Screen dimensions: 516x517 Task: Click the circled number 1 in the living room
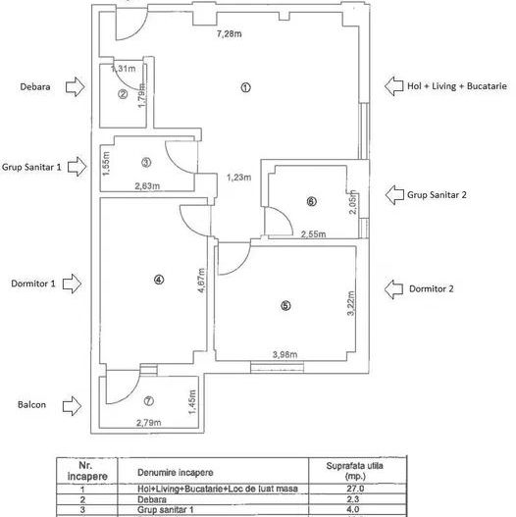(245, 87)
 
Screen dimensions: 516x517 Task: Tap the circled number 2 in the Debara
(123, 94)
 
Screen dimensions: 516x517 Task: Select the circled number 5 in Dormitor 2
(285, 306)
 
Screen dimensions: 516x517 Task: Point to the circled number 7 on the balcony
(149, 401)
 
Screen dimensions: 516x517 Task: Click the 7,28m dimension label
(230, 33)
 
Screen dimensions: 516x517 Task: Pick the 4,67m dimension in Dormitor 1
(202, 281)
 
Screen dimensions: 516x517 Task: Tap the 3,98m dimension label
(284, 355)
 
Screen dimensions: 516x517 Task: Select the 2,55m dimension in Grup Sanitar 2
(313, 234)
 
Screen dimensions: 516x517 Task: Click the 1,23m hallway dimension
(239, 178)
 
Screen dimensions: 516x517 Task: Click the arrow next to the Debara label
(76, 86)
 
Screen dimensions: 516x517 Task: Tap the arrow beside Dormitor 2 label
(393, 289)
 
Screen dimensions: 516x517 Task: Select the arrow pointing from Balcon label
(73, 405)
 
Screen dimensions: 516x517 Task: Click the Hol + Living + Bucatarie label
(457, 86)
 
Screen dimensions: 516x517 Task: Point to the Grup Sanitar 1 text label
(31, 167)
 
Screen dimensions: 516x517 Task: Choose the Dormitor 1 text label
(33, 284)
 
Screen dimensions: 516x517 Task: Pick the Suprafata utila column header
(355, 471)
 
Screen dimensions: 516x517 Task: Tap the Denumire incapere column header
(175, 472)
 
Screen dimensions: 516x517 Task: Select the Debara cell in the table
(152, 499)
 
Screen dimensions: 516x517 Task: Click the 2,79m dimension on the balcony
(149, 423)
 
